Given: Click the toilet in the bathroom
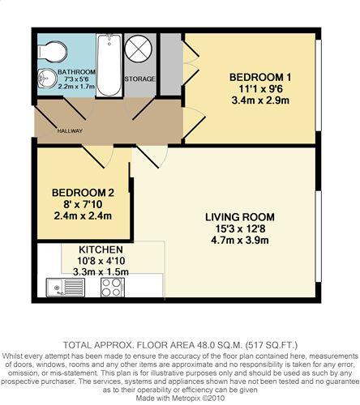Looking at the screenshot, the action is coord(52,51).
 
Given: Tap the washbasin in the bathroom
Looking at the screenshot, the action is coord(47,79).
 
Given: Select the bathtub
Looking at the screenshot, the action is coord(109,65).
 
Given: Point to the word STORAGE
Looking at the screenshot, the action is coord(139,79).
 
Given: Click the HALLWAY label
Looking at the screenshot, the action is coord(70,131).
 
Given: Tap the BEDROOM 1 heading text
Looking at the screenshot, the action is coord(260,78).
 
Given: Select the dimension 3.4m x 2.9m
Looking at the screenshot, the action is coord(260,100).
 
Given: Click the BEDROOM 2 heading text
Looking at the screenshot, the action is coord(83,193).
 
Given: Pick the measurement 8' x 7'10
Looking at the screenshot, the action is coord(83,204).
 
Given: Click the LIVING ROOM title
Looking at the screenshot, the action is coord(240,217).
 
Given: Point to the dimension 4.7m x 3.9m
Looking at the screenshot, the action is coord(240,240).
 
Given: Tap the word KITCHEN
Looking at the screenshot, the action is coord(101,249).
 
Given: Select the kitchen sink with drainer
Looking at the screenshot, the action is coord(66,288).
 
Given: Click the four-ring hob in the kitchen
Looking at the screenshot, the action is coord(113,288).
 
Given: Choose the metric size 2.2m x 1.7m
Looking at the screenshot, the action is coord(77,87).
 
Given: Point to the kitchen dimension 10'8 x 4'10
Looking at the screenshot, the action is coord(101,261).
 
